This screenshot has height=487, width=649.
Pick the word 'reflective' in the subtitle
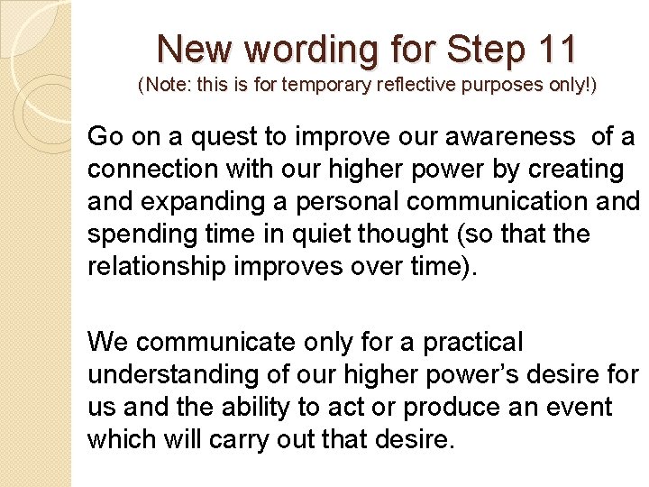[416, 87]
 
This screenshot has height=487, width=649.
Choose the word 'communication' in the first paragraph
[505, 203]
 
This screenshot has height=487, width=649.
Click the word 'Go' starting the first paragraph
[105, 137]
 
